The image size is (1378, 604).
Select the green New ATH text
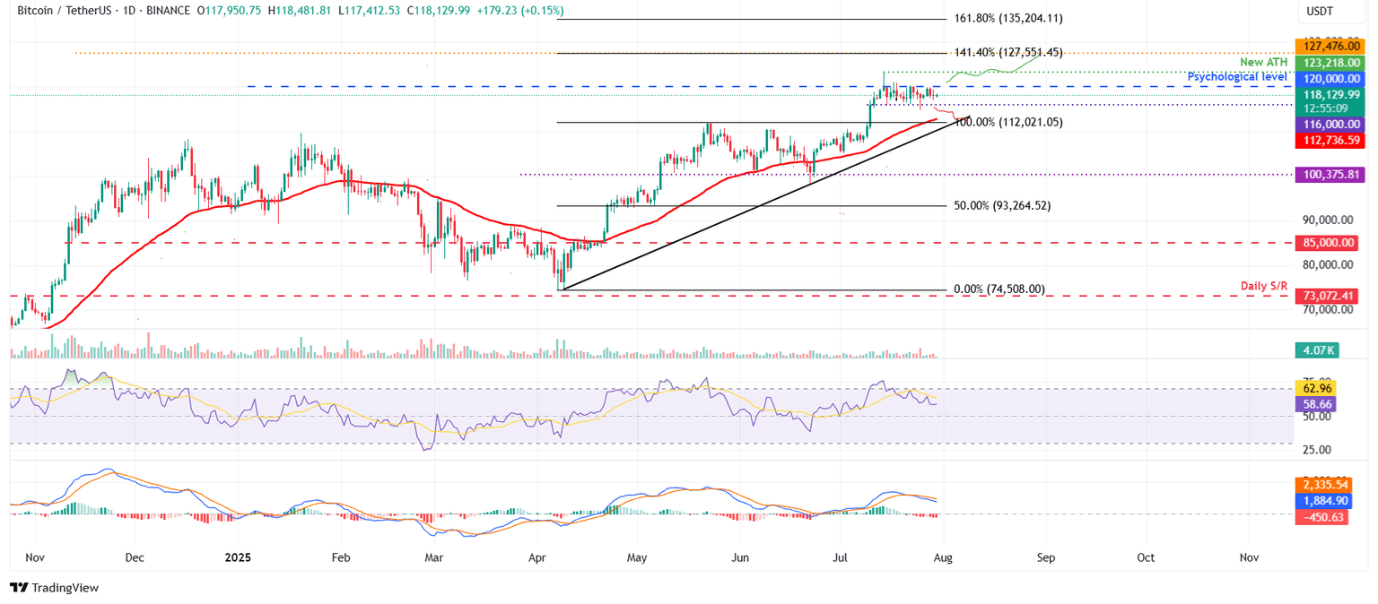[x=1264, y=62]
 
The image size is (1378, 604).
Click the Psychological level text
[x=1237, y=78]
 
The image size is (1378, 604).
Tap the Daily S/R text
[x=1264, y=286]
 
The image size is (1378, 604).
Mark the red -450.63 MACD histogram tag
[x=1323, y=517]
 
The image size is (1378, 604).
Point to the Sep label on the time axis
[x=1046, y=557]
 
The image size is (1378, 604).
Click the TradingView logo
[x=54, y=587]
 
